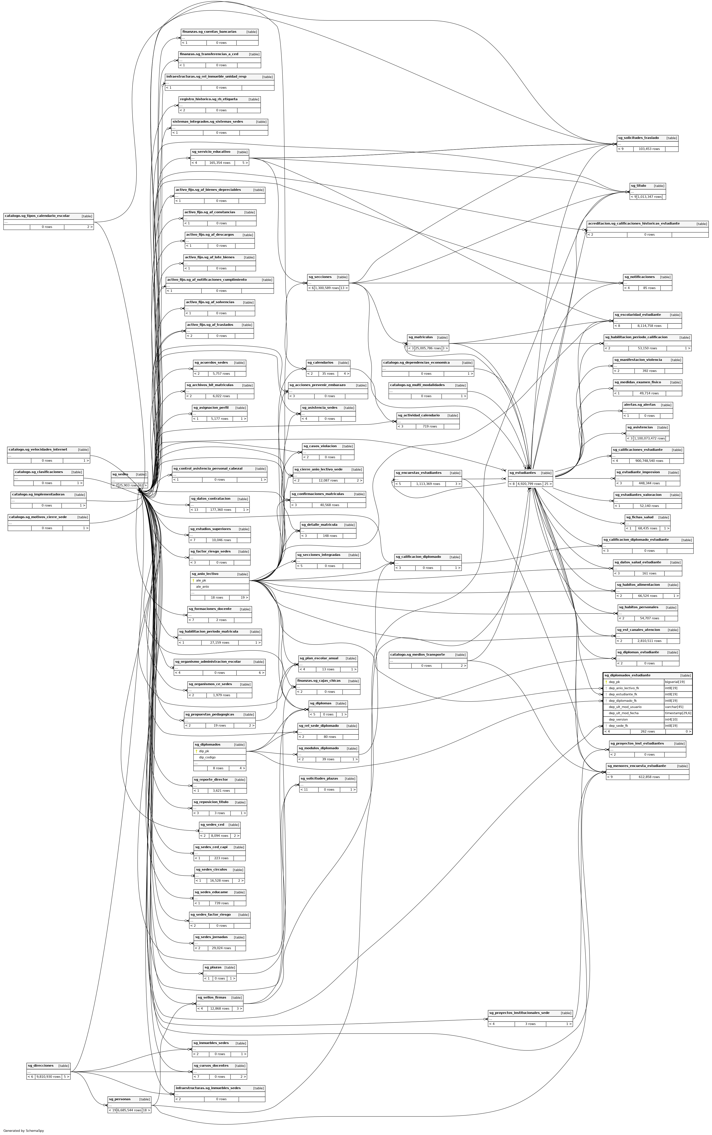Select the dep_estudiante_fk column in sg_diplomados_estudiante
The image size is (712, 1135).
(x=623, y=694)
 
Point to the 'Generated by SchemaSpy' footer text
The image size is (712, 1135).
(x=23, y=1130)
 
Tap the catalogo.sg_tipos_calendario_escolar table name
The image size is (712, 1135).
(x=37, y=216)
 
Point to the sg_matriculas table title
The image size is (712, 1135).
(x=420, y=338)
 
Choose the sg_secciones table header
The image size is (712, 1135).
(x=320, y=277)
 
